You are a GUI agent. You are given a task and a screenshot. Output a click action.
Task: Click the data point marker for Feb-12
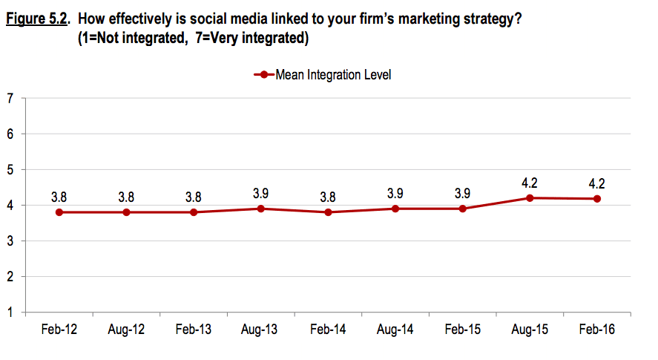(59, 212)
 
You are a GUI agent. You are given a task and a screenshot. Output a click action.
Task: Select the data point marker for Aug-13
(261, 209)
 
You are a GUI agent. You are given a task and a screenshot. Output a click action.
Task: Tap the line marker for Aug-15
(530, 198)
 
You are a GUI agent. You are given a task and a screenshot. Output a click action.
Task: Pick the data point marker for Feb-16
(597, 199)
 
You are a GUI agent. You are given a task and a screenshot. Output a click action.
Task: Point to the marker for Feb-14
(328, 212)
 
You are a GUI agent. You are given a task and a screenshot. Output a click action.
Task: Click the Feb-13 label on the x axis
(194, 330)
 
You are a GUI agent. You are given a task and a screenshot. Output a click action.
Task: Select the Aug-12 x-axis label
(126, 330)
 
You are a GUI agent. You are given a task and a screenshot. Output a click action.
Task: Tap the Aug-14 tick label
(395, 330)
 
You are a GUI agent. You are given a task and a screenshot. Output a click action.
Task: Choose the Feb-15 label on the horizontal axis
(462, 330)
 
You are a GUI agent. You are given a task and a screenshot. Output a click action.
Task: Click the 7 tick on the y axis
(10, 99)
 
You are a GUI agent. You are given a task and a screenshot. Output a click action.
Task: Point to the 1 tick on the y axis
(10, 312)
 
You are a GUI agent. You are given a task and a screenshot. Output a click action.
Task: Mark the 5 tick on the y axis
(10, 170)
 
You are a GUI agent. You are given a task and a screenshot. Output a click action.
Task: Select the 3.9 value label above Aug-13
(261, 194)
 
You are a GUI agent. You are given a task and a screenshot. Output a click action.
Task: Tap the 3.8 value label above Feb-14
(328, 197)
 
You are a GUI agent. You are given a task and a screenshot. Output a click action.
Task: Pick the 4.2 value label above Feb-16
(597, 183)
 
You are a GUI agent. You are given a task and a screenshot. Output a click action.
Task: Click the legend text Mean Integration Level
(333, 74)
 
